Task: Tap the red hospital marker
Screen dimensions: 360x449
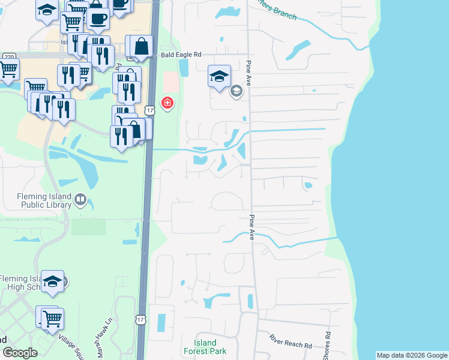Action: click(167, 103)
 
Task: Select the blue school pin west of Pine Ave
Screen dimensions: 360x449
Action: click(219, 76)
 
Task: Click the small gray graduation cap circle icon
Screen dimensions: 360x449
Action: click(237, 91)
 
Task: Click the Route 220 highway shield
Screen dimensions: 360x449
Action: click(9, 56)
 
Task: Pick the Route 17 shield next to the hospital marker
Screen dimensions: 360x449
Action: click(150, 110)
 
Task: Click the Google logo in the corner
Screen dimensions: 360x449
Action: click(20, 353)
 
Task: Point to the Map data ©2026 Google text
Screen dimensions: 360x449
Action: click(412, 355)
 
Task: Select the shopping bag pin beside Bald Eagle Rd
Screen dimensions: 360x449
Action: click(142, 46)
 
